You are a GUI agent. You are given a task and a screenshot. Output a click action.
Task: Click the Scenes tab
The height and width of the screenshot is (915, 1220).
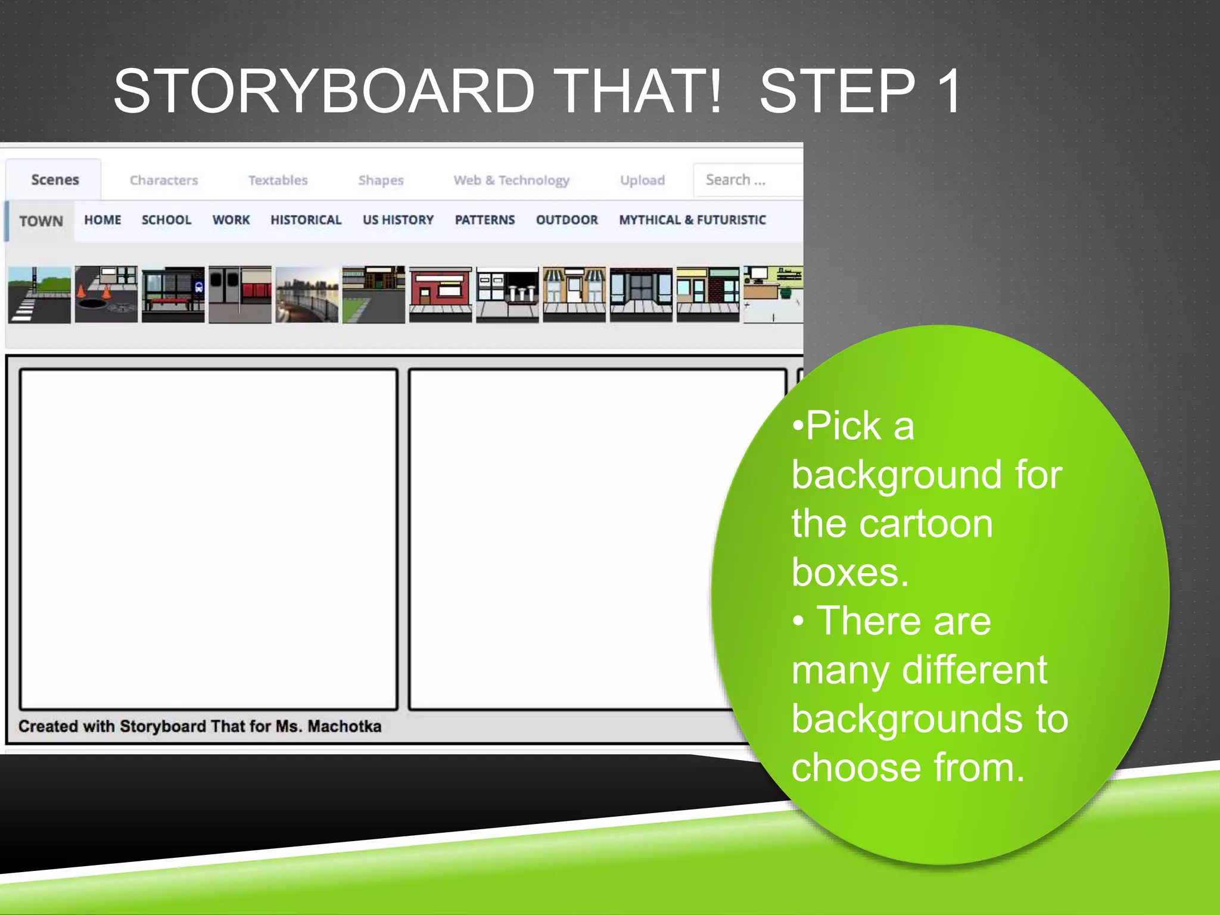tap(55, 180)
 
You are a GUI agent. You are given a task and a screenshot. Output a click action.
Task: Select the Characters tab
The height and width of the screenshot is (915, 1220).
tap(164, 180)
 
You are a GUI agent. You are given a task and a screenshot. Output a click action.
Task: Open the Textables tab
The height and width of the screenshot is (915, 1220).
tap(278, 180)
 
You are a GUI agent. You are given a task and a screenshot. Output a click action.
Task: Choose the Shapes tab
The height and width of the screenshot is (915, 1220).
tap(381, 180)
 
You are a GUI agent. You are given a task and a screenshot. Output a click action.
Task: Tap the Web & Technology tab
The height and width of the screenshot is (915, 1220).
tap(511, 180)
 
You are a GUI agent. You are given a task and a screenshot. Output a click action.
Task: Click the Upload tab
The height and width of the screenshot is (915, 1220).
tap(642, 180)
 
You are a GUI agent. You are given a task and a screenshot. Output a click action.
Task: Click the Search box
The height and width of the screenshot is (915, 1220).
tap(748, 180)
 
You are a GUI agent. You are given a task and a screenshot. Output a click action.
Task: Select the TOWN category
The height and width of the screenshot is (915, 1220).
tap(41, 221)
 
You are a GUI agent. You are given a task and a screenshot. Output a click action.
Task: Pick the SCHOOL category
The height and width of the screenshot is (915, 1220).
tap(166, 220)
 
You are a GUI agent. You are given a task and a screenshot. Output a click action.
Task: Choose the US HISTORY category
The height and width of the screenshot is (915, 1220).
tap(398, 220)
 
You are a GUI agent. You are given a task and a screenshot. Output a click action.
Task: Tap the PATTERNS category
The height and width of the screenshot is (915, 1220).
tap(484, 220)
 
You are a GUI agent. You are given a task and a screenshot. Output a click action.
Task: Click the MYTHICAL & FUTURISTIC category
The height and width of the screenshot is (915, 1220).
tap(692, 220)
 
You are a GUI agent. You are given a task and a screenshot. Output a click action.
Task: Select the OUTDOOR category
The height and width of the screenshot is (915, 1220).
tap(567, 220)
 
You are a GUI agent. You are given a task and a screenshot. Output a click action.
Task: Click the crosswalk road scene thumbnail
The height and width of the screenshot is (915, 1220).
tap(39, 295)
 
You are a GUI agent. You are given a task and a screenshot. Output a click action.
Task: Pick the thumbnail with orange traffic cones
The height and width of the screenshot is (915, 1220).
tap(106, 295)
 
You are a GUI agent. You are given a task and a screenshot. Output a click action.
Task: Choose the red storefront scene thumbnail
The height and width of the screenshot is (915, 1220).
tap(440, 295)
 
